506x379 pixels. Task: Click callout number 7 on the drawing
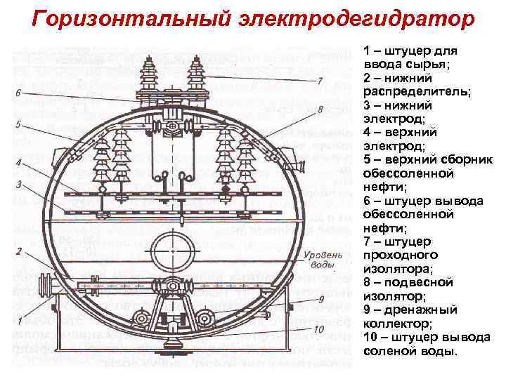pyautogui.click(x=319, y=81)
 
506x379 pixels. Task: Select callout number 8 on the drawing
pyautogui.click(x=319, y=109)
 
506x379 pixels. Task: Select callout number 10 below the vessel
pyautogui.click(x=319, y=328)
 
